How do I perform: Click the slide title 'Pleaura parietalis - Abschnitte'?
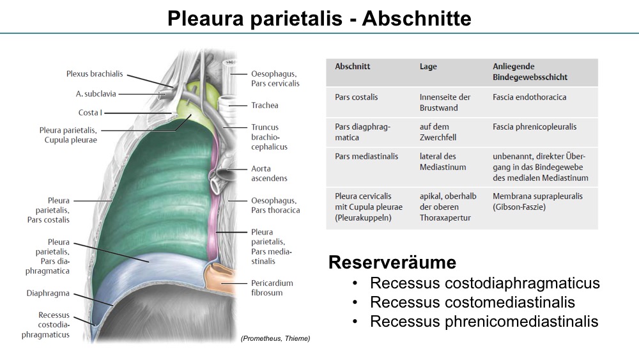[x=319, y=19]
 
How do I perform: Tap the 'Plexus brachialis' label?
[x=95, y=74]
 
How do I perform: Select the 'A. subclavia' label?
[x=96, y=94]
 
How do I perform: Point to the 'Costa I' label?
[x=90, y=113]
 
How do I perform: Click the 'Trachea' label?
[x=265, y=106]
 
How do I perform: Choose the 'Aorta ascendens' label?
[x=269, y=173]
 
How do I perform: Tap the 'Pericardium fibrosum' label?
[x=272, y=288]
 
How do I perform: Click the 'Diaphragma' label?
[x=48, y=293]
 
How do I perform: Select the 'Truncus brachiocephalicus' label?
[x=269, y=137]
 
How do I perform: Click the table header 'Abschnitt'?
[x=353, y=67]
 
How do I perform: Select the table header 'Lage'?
[x=428, y=67]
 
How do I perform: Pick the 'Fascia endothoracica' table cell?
[x=529, y=97]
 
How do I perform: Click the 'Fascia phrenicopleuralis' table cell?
[x=534, y=127]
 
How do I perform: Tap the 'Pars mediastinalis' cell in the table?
[x=366, y=156]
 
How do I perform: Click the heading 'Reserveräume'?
[x=392, y=262]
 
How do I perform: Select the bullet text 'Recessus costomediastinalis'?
[x=472, y=302]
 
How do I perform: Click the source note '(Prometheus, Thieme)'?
[x=275, y=338]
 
